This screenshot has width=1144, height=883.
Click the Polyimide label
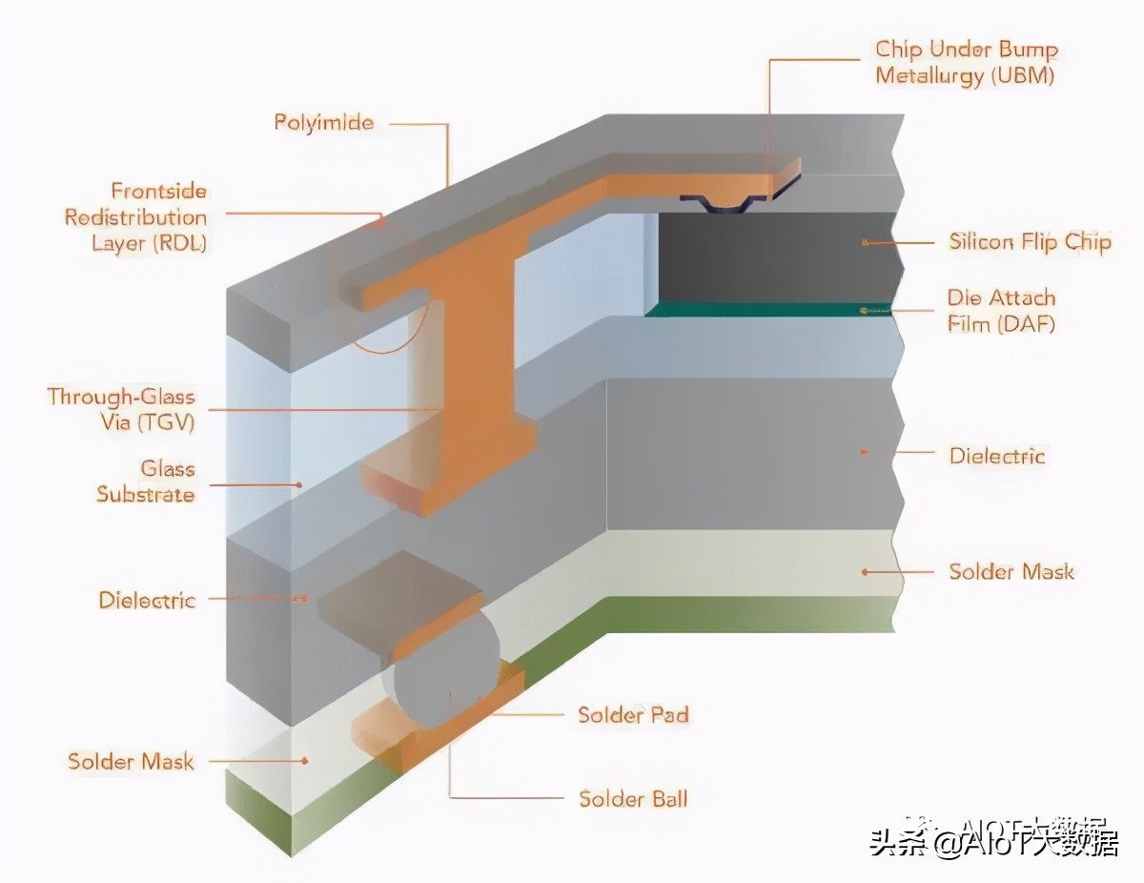click(x=323, y=123)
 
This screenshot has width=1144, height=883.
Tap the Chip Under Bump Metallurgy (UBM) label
click(x=966, y=63)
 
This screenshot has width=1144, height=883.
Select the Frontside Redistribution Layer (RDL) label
click(x=135, y=217)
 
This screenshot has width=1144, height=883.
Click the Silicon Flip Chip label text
click(x=1030, y=242)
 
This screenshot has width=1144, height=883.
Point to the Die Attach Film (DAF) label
click(x=1001, y=311)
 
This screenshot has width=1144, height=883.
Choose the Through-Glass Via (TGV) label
click(x=121, y=409)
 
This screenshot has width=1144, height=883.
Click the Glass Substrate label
click(x=145, y=482)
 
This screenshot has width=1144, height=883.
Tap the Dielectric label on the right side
click(x=996, y=456)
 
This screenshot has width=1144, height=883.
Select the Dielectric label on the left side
click(x=147, y=601)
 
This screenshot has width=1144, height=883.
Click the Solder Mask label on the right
click(x=1011, y=572)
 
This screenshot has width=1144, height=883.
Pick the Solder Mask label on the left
click(x=131, y=762)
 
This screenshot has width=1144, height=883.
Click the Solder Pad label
click(x=633, y=715)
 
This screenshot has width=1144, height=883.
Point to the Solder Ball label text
click(x=633, y=798)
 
